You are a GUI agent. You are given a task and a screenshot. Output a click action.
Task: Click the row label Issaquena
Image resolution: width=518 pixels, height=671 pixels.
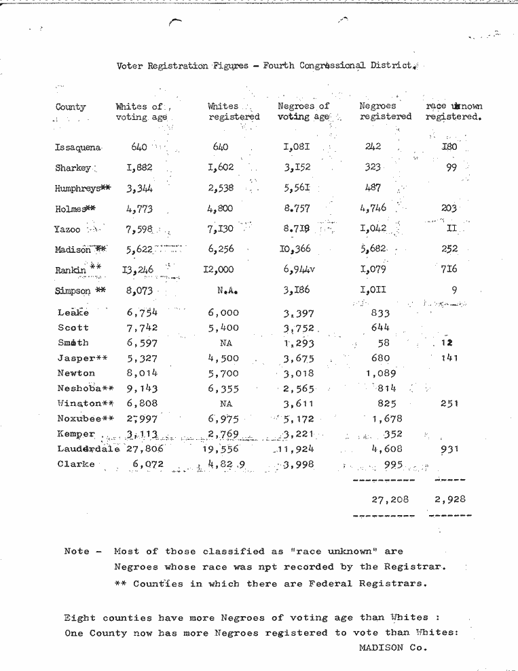coord(78,147)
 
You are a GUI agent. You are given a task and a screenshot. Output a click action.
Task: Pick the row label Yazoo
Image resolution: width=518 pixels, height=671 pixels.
coord(67,230)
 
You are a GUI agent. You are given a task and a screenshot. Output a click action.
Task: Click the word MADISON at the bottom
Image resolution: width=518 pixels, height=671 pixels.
coord(383,647)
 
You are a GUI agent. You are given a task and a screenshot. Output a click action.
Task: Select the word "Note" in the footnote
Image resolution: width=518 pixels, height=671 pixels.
coord(77,551)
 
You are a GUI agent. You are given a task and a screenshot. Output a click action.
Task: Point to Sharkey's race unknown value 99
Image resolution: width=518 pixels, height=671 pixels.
coord(451,167)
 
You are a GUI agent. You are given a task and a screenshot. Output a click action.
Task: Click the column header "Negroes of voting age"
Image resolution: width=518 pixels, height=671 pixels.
coord(303,111)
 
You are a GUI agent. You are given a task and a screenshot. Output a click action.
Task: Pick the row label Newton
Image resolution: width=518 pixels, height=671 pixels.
coord(76,373)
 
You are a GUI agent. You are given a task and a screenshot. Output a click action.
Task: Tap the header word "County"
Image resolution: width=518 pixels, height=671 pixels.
coord(71,106)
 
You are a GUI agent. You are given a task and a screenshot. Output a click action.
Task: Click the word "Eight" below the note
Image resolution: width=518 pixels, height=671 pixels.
coord(79,617)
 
